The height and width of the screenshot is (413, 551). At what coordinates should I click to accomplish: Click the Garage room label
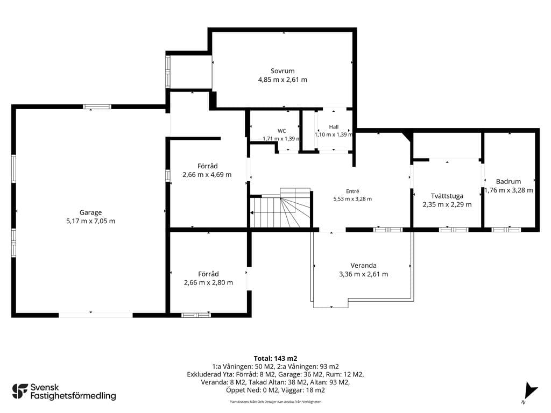point(90,212)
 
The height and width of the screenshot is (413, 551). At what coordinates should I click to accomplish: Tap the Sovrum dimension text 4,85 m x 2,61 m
point(282,80)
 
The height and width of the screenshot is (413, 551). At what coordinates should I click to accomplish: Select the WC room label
point(282,131)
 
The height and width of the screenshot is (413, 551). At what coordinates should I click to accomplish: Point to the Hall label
point(334,127)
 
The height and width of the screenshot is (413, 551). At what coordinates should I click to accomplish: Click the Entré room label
point(352,191)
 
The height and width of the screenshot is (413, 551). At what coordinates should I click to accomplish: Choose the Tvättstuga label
point(447,196)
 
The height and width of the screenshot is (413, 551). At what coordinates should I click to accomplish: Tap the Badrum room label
point(508,182)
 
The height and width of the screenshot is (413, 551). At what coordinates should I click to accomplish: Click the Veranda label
point(363,266)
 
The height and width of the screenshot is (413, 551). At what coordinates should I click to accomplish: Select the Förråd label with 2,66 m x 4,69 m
point(207,166)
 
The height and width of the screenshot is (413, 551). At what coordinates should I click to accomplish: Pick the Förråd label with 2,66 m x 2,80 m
point(208,274)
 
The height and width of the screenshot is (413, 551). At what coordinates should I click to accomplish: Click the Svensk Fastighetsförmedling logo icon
point(20,391)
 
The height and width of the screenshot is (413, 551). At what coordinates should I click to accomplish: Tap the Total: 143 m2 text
point(275,359)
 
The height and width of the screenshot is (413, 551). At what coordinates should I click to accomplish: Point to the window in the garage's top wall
point(97,107)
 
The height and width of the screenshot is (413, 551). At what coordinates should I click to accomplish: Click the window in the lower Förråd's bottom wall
point(196,315)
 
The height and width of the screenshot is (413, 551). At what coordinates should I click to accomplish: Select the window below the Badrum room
point(506,230)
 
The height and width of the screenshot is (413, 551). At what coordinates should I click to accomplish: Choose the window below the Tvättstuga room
point(454,230)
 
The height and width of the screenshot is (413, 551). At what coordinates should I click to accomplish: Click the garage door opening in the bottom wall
point(96,315)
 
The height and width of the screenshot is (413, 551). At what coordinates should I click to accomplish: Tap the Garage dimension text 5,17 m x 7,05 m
point(90,221)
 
